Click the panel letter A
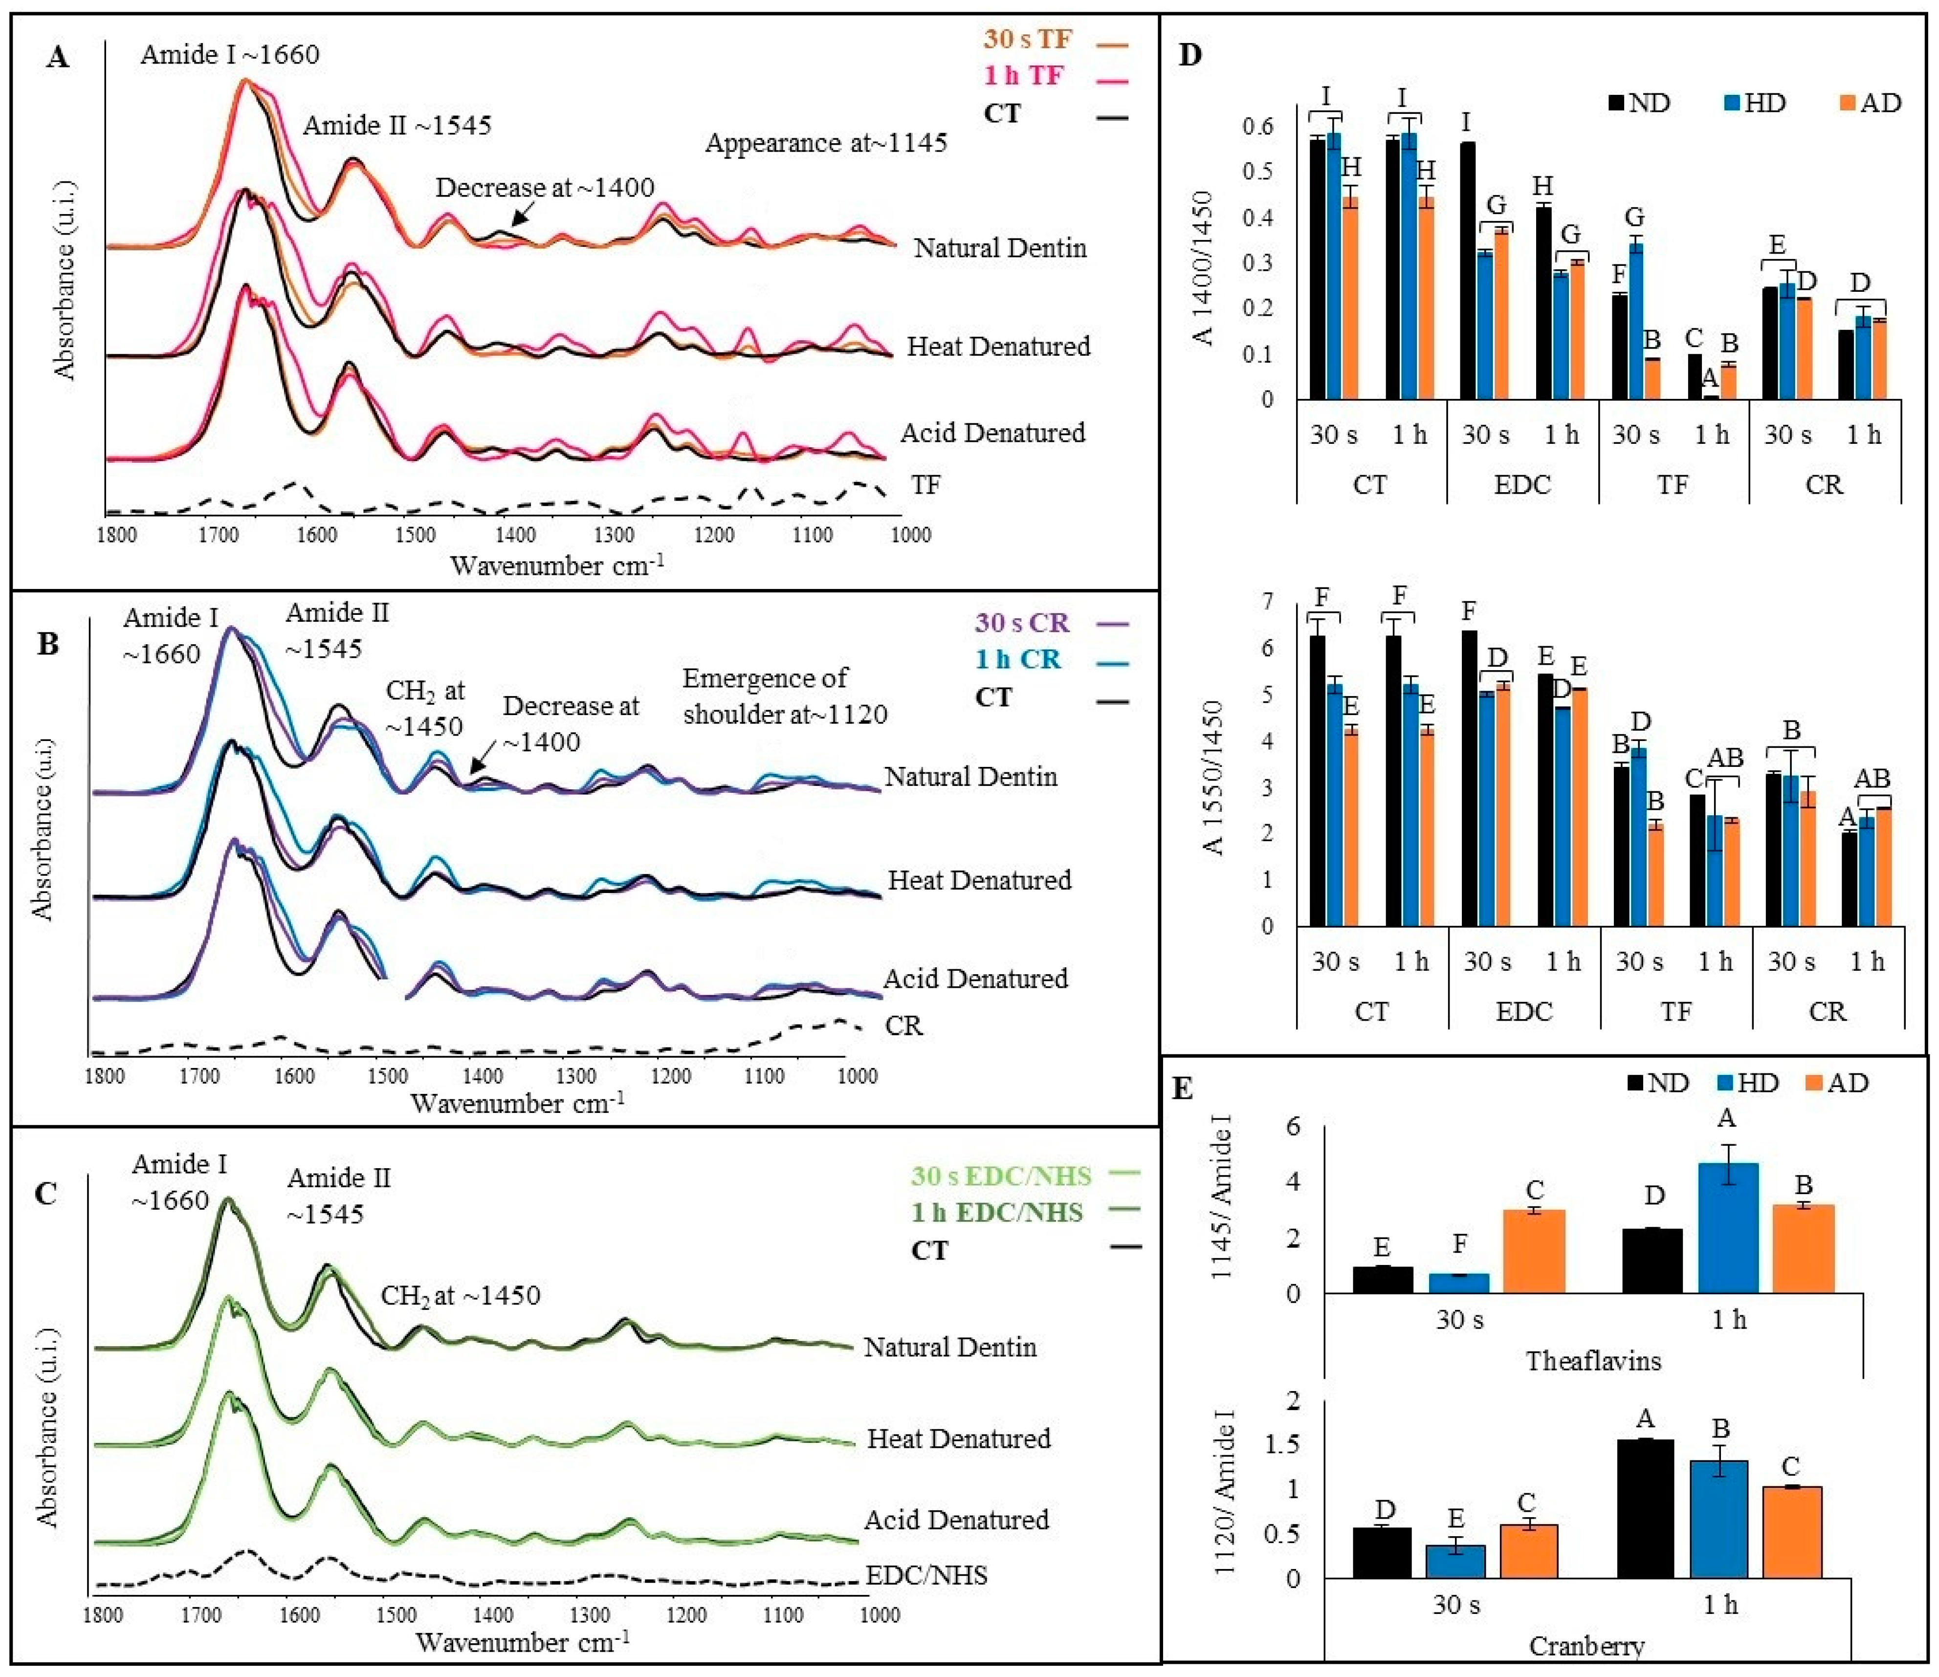(x=58, y=58)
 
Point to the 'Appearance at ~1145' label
(x=825, y=143)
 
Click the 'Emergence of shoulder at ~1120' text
(x=784, y=696)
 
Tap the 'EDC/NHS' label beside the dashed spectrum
(x=925, y=1575)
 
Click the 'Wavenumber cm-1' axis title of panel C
(x=522, y=1642)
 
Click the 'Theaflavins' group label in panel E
(x=1594, y=1361)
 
